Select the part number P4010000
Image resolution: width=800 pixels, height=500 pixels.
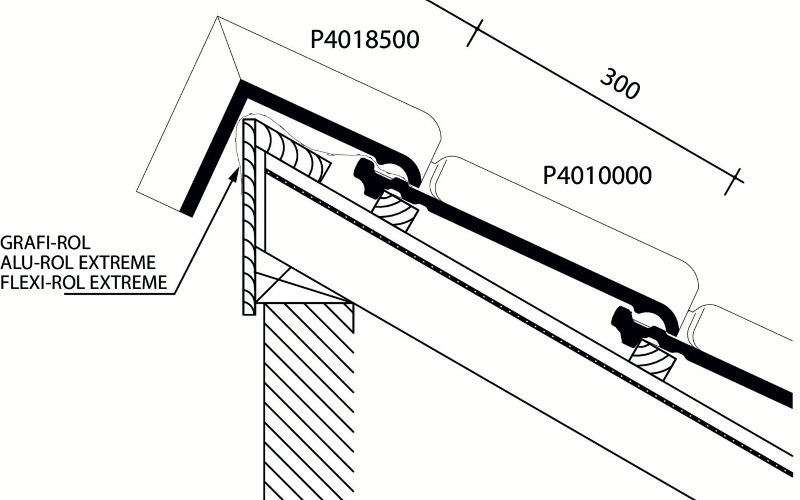point(597,175)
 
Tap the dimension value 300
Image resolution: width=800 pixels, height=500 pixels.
point(619,84)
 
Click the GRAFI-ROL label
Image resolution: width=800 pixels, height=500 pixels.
point(46,242)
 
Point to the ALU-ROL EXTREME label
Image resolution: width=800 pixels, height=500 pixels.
point(78,262)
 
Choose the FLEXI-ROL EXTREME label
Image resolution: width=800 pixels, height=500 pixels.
point(84,282)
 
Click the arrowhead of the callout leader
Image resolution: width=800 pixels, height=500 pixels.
point(233,174)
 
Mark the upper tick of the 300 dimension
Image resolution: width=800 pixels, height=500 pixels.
point(475,33)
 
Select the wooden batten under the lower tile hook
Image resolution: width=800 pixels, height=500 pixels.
point(651,358)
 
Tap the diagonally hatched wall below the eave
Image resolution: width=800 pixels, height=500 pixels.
point(309,400)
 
